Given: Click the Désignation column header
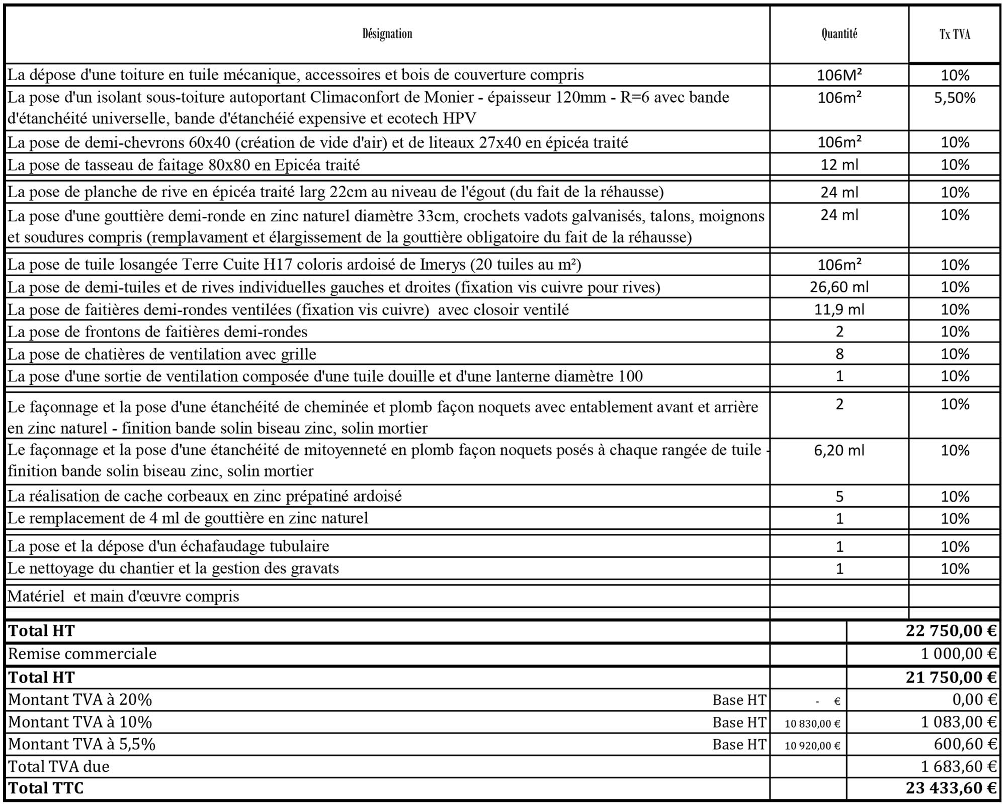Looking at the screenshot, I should click(387, 34).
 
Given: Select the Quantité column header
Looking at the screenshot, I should click(839, 34).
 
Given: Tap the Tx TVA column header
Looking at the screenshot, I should click(954, 34).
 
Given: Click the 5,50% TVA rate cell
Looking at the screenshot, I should click(954, 98).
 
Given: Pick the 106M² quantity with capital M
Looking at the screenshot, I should click(839, 75).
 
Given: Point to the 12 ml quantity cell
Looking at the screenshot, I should click(839, 165).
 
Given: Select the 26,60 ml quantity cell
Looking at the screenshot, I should click(839, 287).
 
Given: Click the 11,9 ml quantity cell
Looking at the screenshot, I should click(839, 309).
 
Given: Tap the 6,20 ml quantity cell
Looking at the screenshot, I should click(839, 450).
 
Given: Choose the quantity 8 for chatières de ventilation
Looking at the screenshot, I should click(839, 354).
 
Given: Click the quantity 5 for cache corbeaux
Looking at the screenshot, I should click(839, 496).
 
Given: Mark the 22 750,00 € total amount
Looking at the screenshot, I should click(951, 630).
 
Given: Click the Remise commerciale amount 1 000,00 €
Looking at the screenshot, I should click(958, 654).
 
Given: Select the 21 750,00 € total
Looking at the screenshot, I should click(951, 677).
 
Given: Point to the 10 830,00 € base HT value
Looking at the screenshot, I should click(812, 723).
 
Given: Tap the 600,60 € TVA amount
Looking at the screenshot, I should click(966, 744).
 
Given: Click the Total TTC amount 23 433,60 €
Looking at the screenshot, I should click(951, 787).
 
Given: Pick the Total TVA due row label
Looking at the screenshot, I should click(59, 766).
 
